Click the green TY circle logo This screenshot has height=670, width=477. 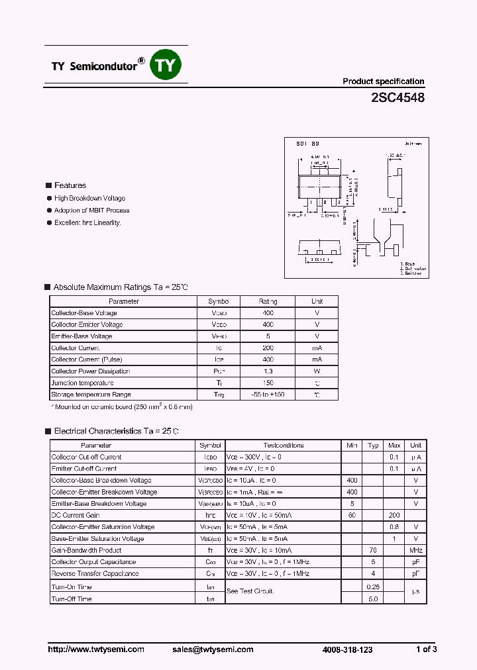166,65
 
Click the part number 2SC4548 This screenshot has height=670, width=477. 398,97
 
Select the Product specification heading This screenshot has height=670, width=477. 383,81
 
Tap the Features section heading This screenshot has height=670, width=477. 70,185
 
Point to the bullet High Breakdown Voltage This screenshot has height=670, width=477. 89,198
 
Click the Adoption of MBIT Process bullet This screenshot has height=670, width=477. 91,211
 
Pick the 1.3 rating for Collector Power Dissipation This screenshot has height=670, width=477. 268,371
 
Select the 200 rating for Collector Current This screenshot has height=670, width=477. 268,348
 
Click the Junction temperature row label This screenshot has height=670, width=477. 82,383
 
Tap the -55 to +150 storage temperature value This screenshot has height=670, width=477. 268,395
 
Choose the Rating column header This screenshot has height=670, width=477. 268,301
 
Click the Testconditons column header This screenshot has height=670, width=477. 283,446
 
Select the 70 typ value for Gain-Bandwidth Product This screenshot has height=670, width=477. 373,550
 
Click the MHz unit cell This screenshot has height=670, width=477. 415,550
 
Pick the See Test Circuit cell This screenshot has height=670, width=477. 250,591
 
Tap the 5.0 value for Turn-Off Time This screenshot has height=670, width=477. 373,598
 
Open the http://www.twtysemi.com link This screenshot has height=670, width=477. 96,649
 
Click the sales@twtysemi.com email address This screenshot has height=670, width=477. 216,649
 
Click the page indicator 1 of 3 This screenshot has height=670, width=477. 426,649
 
